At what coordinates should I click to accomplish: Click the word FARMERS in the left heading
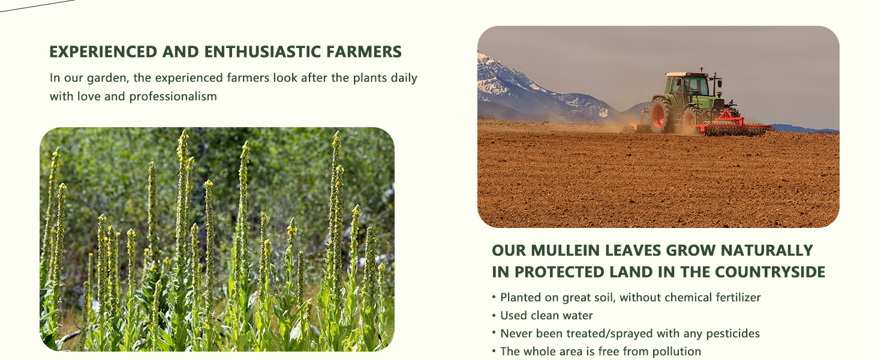(363, 52)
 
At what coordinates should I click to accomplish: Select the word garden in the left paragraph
(104, 78)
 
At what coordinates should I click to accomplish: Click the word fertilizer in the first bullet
(738, 298)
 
